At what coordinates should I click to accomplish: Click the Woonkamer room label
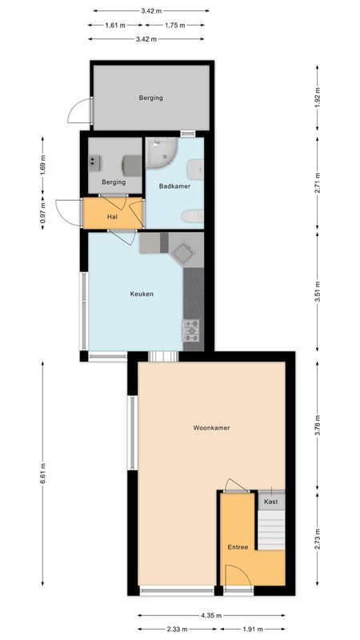click(x=211, y=428)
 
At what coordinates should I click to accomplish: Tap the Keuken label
click(x=142, y=294)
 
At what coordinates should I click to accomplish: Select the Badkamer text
click(x=174, y=186)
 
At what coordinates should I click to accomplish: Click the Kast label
click(x=270, y=501)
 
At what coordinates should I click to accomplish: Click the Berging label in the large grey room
click(x=150, y=98)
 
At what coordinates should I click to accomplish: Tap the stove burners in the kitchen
click(x=192, y=330)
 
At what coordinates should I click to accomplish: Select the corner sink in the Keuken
click(x=186, y=253)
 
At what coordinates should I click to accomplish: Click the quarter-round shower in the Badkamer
click(x=160, y=152)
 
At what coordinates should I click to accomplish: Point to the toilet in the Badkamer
click(x=192, y=215)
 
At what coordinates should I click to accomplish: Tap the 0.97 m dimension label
click(x=43, y=214)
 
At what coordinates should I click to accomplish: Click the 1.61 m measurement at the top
click(x=116, y=25)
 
